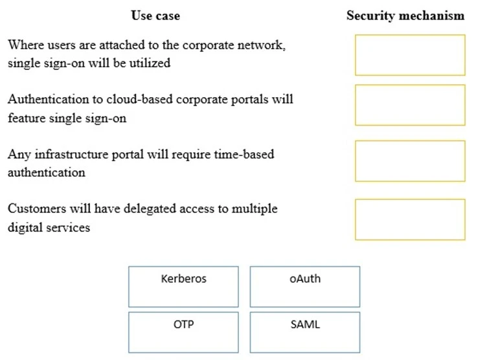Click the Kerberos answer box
[x=183, y=286]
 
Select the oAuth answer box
[x=305, y=286]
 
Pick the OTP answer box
[x=183, y=332]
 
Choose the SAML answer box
[x=305, y=332]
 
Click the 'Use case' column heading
[x=155, y=16]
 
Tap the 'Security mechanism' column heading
[x=405, y=16]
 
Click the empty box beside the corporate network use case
[x=409, y=55]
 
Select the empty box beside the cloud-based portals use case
[x=409, y=105]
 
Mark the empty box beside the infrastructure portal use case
[x=409, y=161]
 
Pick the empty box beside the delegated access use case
[x=409, y=219]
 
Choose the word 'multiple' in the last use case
[x=256, y=208]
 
